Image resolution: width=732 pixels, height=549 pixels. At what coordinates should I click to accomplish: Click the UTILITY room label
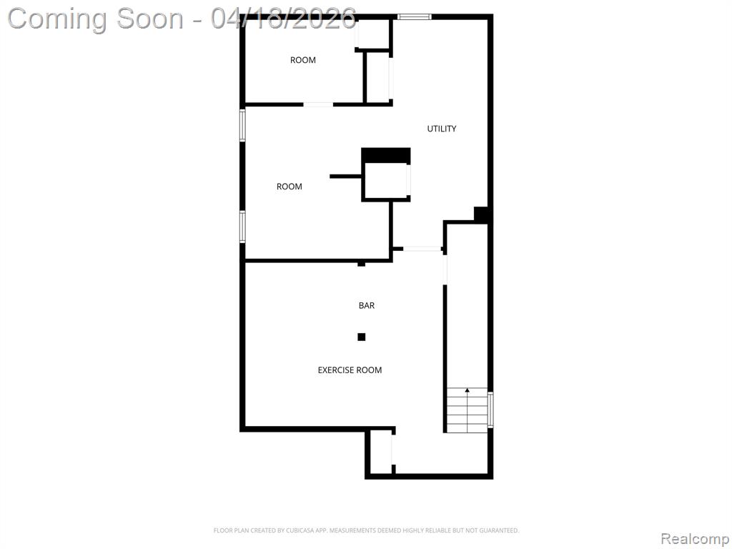[x=442, y=129]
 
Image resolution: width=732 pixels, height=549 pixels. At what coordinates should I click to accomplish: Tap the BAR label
[x=367, y=305]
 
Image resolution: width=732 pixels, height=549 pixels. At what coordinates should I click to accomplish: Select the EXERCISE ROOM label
[x=350, y=370]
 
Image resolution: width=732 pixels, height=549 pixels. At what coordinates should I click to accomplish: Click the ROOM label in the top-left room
[x=303, y=60]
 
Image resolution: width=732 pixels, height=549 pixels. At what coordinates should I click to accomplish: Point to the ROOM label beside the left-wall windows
[x=289, y=187]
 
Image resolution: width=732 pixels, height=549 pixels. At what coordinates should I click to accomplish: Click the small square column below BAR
[x=361, y=337]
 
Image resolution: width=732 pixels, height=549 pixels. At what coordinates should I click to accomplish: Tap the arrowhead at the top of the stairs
[x=468, y=390]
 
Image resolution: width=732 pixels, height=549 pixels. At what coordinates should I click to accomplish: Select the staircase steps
[x=468, y=410]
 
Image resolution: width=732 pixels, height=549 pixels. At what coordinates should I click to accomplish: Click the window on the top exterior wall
[x=415, y=17]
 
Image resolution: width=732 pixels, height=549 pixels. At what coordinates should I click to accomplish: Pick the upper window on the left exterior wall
[x=242, y=125]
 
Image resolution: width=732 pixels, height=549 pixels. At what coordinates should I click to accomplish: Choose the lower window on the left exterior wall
[x=242, y=227]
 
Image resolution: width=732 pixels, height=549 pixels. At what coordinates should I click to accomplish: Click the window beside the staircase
[x=490, y=410]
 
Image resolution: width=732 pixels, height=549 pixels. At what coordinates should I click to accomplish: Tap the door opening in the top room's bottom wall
[x=318, y=104]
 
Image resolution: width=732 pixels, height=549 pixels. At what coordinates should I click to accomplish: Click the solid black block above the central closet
[x=386, y=155]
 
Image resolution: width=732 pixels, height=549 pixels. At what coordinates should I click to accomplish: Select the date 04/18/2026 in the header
[x=283, y=19]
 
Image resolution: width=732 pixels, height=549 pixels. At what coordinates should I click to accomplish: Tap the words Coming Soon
[x=96, y=19]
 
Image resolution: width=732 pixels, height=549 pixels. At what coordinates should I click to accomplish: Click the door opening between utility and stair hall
[x=422, y=249]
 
